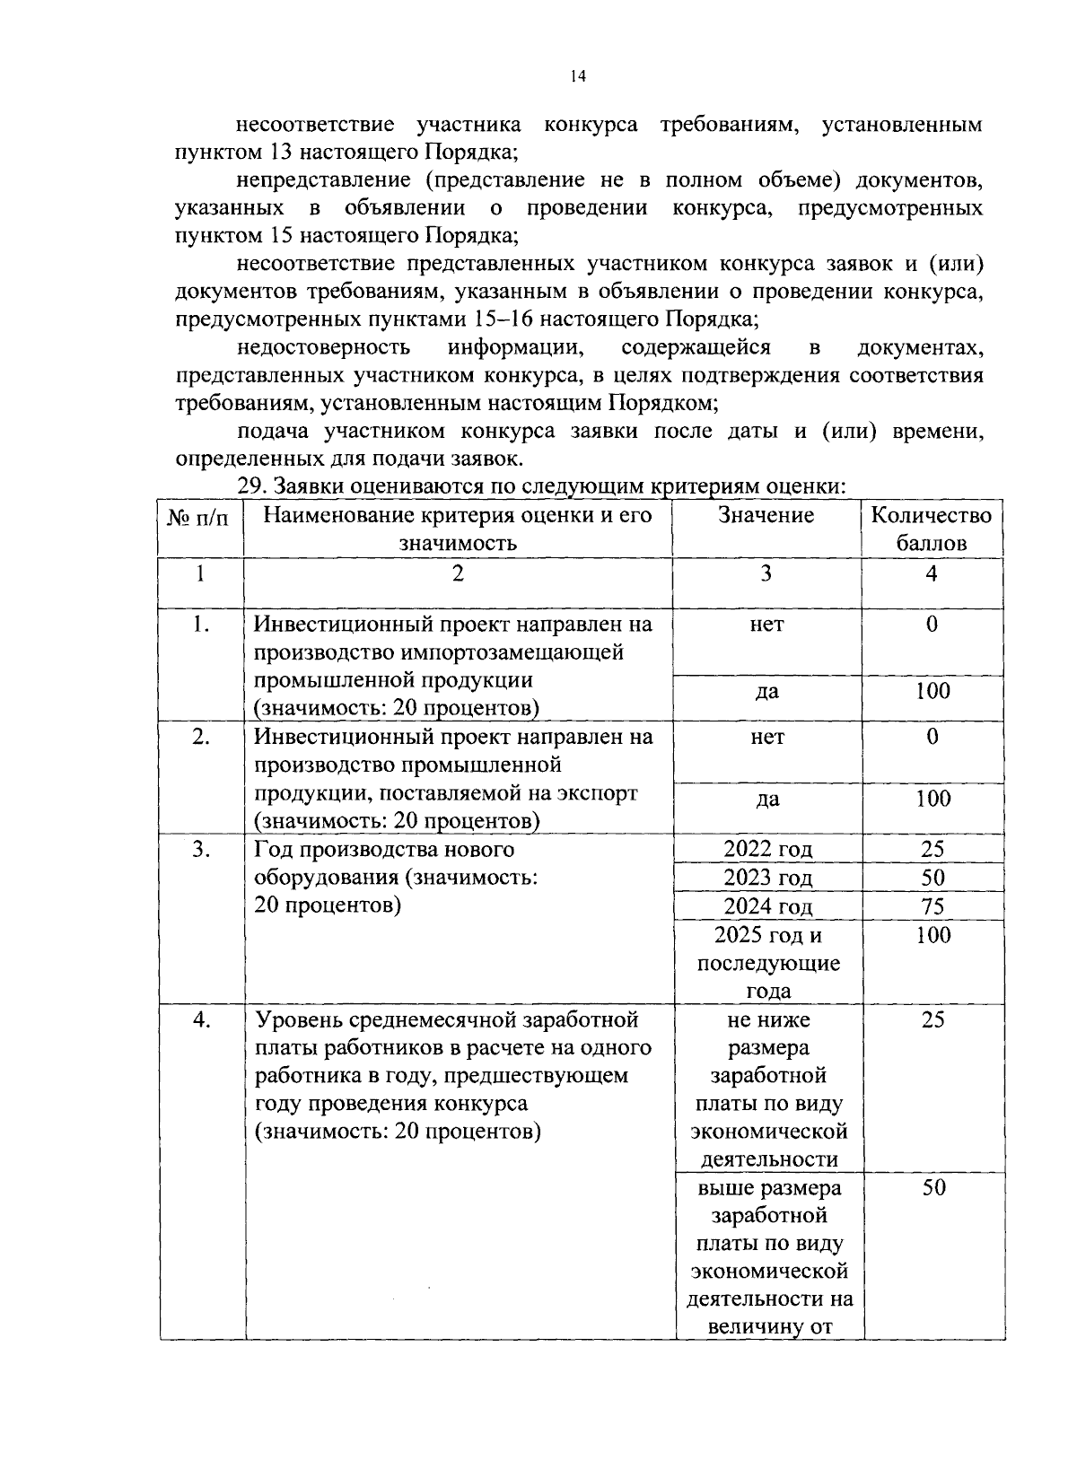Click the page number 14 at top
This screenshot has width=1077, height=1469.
coord(578,77)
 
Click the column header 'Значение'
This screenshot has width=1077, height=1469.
coord(766,515)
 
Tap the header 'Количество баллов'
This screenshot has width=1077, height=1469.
coord(932,529)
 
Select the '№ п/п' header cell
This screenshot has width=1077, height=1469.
coord(201,517)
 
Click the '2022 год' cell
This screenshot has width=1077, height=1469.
coord(767,849)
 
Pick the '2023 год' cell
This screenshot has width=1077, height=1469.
coord(767,878)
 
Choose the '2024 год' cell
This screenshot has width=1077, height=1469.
coord(767,906)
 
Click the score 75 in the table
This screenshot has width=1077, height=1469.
coord(933,906)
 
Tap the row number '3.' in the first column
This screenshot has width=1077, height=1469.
coord(201,849)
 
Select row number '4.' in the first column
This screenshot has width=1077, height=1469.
coord(201,1019)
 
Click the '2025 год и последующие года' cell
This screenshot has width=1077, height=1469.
coord(767,963)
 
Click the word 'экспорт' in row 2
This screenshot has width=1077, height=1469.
coord(601,793)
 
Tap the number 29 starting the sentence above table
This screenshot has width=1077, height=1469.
coord(250,486)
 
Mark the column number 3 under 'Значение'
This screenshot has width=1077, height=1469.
coord(766,573)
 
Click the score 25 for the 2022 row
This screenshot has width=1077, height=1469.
coord(933,849)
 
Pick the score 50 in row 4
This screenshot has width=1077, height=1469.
coord(933,1188)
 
